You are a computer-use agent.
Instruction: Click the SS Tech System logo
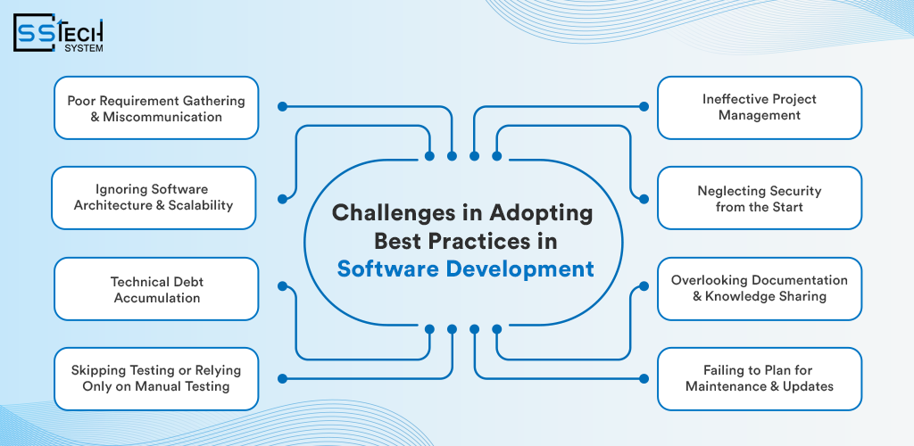(58, 33)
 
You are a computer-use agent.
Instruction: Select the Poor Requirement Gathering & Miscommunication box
(156, 108)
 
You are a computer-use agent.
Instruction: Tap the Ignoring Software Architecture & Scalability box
(154, 198)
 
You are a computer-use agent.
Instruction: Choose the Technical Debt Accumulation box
(156, 289)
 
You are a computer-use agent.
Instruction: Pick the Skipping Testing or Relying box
(156, 379)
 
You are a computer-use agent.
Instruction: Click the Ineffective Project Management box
(760, 108)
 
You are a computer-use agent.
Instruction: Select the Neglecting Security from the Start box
(760, 198)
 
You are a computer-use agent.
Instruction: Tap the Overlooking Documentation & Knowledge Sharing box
(760, 289)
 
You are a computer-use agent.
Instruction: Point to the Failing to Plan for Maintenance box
(760, 379)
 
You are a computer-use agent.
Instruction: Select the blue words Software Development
(465, 269)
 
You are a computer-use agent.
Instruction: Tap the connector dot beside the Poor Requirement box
(283, 106)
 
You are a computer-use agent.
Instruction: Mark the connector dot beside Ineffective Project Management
(644, 106)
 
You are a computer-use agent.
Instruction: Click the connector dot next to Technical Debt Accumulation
(283, 285)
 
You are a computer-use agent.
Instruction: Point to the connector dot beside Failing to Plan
(644, 378)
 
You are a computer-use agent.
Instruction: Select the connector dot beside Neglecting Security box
(644, 199)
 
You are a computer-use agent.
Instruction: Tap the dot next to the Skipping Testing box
(283, 378)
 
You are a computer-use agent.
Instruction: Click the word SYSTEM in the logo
(84, 48)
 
